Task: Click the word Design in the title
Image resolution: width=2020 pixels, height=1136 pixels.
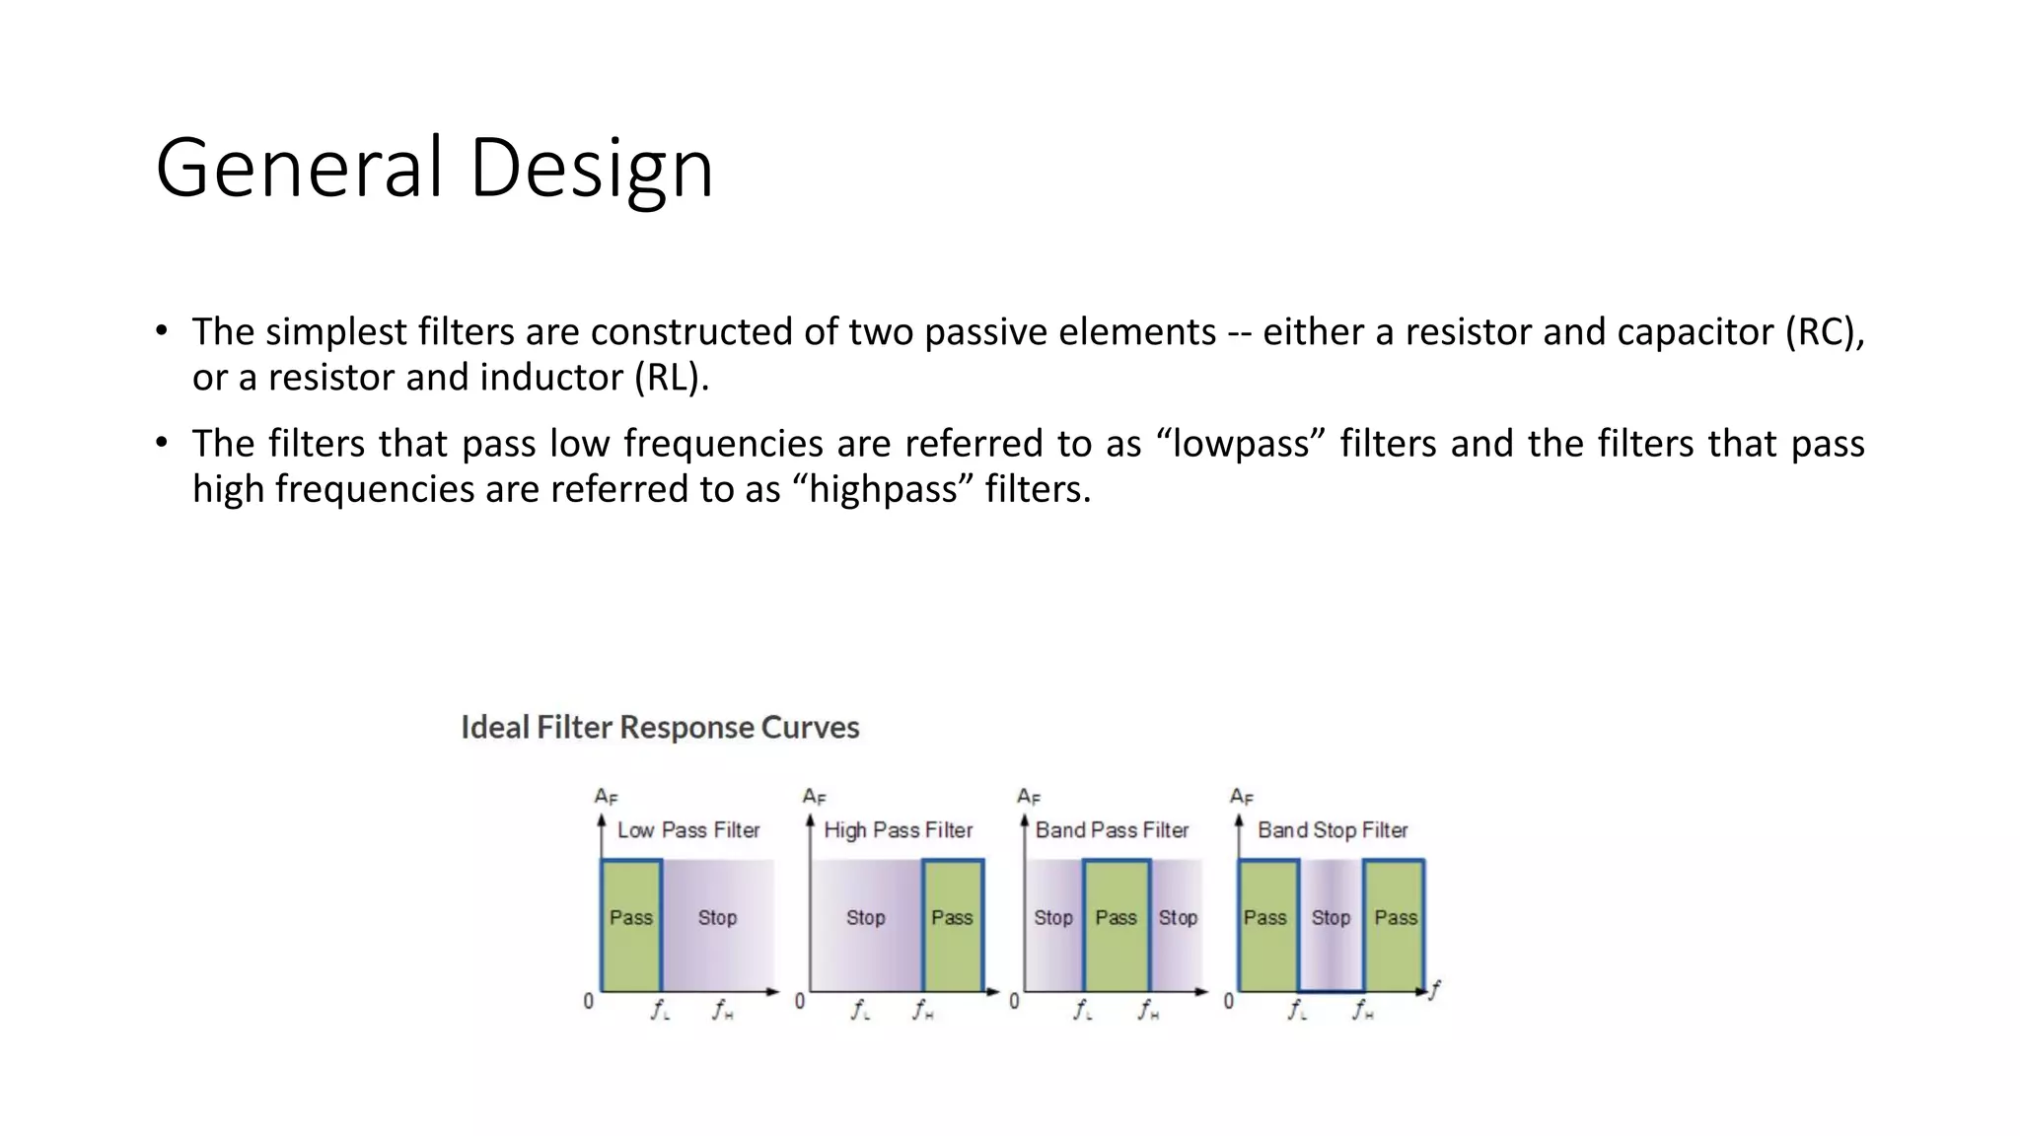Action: (591, 168)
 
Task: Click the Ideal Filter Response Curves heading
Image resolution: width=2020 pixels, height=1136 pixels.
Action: (660, 728)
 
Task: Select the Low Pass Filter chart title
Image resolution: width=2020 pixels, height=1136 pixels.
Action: (688, 830)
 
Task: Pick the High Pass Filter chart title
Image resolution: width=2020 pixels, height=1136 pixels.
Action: (898, 830)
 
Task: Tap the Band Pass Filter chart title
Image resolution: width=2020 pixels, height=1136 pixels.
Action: (1112, 830)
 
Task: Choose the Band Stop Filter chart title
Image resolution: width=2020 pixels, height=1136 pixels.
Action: (1333, 830)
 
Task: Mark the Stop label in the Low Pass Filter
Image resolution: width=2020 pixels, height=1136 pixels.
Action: (717, 918)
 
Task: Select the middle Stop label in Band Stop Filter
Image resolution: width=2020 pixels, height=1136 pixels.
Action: (1331, 918)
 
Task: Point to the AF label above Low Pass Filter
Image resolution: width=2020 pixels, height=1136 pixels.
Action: (606, 796)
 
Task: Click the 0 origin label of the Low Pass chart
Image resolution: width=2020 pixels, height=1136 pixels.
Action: (589, 1001)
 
